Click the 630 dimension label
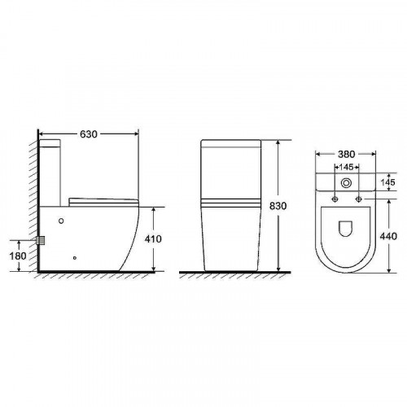tap(89, 134)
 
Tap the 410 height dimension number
tap(153, 239)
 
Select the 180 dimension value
tap(18, 256)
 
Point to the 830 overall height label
tap(278, 206)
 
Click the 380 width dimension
tap(346, 154)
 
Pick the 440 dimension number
tap(388, 236)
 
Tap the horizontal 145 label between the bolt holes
tap(346, 167)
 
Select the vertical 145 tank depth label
tap(387, 182)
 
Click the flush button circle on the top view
tap(346, 183)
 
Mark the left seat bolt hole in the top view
tap(335, 199)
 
